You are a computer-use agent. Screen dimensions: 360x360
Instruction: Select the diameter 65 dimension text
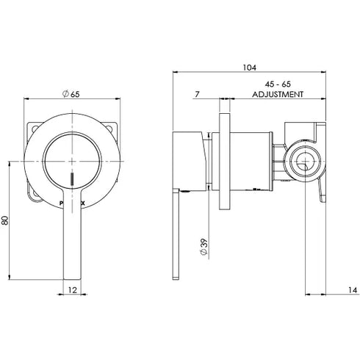71,93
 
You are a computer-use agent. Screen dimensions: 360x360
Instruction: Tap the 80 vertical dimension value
7,221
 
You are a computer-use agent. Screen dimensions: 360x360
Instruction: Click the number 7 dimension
198,94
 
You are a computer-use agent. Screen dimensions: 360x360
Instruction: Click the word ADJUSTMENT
278,95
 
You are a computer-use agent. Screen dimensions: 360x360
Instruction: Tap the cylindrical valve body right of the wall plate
253,158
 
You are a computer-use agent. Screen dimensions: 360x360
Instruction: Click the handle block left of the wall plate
189,158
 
